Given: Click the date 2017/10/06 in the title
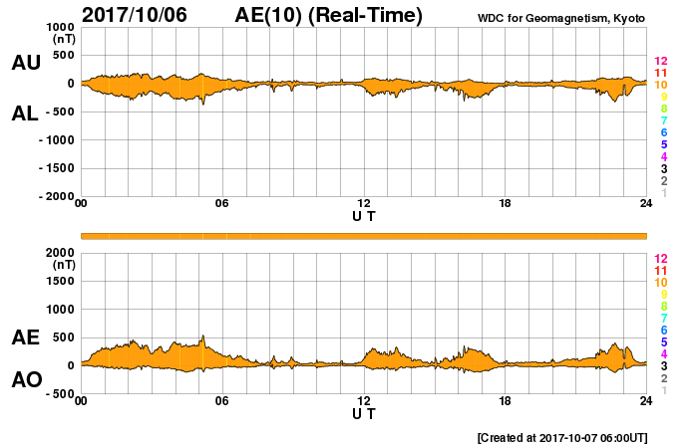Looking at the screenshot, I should click(134, 15).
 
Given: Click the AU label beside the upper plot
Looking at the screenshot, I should click(26, 63).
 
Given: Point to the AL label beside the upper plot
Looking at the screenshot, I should click(26, 113).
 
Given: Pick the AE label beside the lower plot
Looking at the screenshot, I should click(26, 338).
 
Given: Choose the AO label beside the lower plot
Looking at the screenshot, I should click(26, 380).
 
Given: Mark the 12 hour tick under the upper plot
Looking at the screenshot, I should click(364, 204).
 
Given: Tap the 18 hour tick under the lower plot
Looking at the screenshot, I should click(506, 401).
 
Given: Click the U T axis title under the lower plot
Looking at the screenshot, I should click(364, 413).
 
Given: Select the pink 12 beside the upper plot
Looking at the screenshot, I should click(660, 62).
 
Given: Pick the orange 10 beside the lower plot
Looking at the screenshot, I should click(660, 283).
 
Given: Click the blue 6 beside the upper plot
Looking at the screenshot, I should click(663, 133).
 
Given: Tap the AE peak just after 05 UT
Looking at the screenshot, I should click(202, 336).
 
